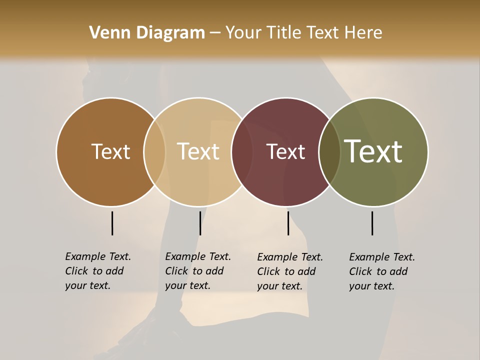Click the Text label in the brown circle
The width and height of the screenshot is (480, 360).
pos(110,152)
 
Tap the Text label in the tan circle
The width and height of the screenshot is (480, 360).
pos(198,152)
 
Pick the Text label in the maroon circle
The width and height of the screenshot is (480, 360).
pos(285,152)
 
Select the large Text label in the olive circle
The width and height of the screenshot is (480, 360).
pos(373,151)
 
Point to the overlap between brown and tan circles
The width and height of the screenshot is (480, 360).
pos(154,152)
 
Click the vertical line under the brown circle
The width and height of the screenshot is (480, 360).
pos(112,223)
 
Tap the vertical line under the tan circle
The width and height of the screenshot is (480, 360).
pos(200,223)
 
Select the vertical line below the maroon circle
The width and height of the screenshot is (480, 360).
pos(288,223)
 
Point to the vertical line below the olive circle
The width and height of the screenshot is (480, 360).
pos(372,223)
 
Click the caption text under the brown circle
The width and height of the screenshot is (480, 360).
pos(97,271)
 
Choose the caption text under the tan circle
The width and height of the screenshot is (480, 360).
pos(197,271)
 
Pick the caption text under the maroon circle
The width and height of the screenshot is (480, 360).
pos(289,271)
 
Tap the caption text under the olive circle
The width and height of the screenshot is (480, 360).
pos(381,271)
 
